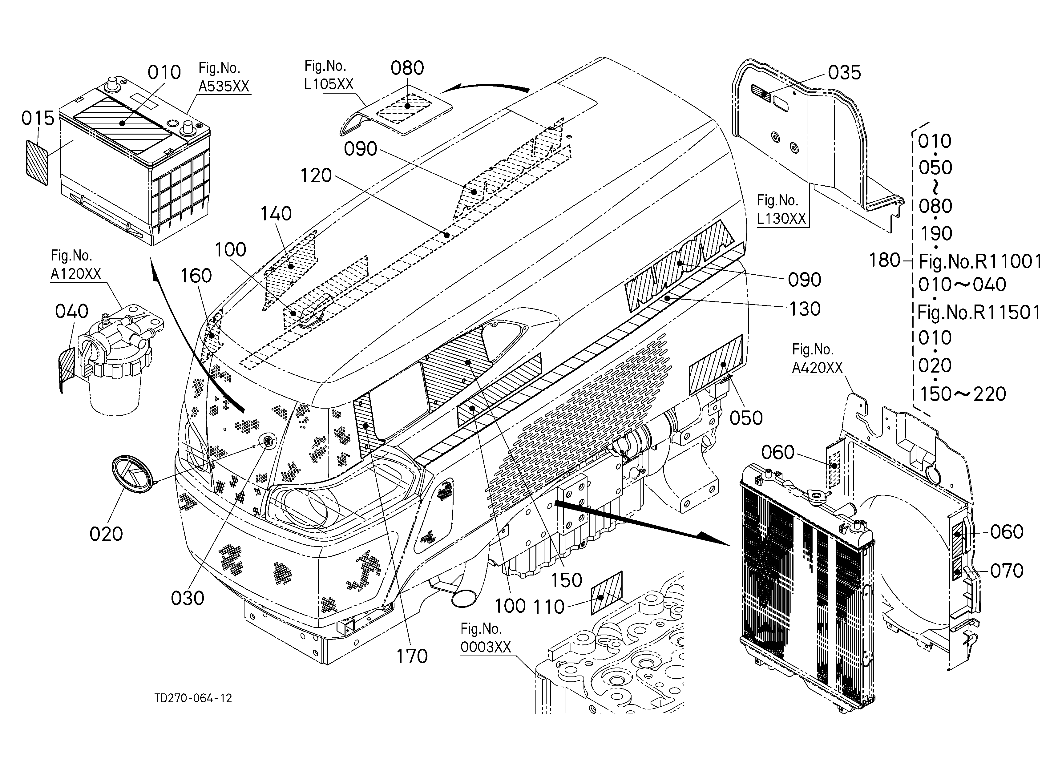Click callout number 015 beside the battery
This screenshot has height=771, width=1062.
point(38,119)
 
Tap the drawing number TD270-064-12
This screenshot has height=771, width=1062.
point(193,698)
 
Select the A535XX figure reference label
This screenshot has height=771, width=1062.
point(224,86)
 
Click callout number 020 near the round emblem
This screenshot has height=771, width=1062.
point(106,534)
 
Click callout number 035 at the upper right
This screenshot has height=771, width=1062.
point(845,73)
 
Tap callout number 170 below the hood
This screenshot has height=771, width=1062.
point(412,656)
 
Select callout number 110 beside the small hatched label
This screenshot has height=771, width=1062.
point(549,607)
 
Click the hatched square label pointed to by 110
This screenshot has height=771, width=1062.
point(606,593)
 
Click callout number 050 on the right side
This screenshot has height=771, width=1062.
point(746,418)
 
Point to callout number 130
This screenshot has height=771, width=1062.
point(805,309)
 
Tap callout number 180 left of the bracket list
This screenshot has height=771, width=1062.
point(885,260)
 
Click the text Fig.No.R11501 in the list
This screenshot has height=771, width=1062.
point(979,312)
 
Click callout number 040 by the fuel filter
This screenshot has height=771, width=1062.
point(72,311)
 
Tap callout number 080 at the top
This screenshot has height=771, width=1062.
point(407,68)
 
